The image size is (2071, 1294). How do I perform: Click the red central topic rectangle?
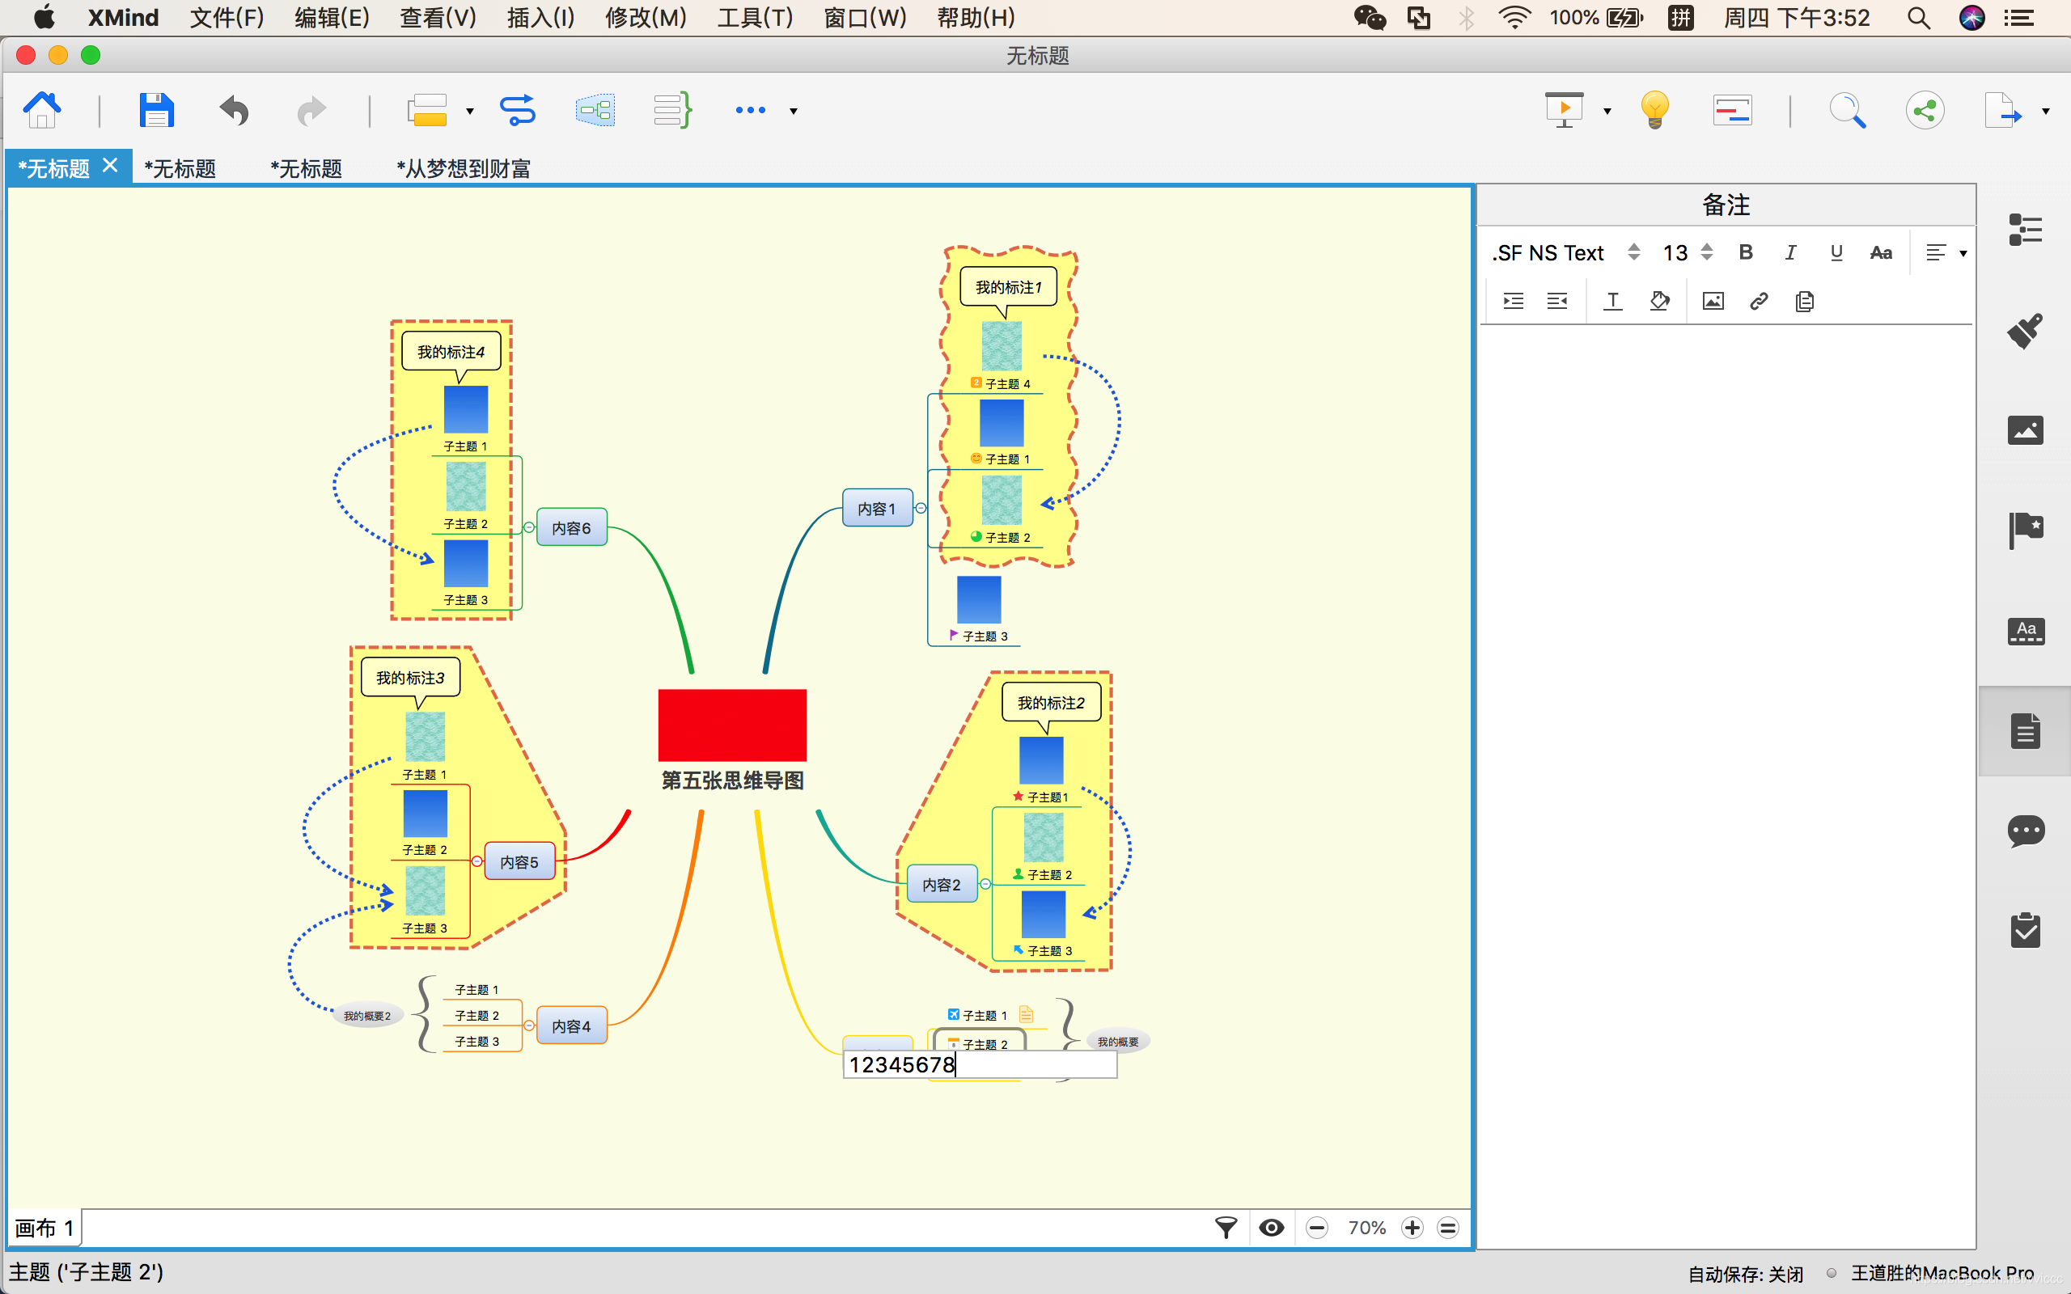click(x=731, y=725)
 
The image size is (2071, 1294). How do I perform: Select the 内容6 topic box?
click(x=571, y=528)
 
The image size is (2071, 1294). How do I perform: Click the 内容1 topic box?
click(x=877, y=509)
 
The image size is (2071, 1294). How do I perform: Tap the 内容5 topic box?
click(x=519, y=862)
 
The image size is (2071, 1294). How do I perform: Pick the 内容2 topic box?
click(x=942, y=885)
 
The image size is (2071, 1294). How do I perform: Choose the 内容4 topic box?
click(x=571, y=1026)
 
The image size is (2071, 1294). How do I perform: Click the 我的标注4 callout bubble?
click(x=451, y=352)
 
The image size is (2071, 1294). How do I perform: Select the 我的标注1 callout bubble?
click(x=1008, y=286)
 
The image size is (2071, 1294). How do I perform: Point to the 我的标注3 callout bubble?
click(x=410, y=678)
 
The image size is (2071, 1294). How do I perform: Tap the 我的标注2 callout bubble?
click(x=1051, y=703)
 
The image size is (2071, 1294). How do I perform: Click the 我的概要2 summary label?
click(x=367, y=1016)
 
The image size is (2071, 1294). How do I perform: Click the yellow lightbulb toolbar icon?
click(x=1654, y=109)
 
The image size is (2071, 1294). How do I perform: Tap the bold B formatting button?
click(x=1746, y=252)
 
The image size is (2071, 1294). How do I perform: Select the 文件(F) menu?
click(x=227, y=17)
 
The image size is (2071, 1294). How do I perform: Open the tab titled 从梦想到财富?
click(x=463, y=168)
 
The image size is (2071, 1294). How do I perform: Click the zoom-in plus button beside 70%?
click(x=1412, y=1228)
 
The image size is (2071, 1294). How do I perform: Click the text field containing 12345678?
click(x=979, y=1064)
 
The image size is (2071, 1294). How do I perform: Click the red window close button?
click(x=26, y=56)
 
